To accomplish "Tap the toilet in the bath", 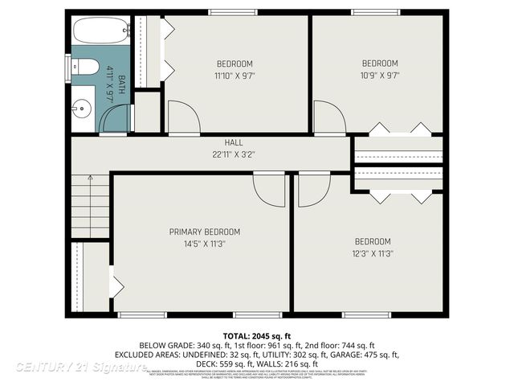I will click(x=85, y=66).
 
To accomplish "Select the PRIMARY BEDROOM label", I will click(x=204, y=232).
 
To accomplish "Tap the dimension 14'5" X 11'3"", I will click(x=204, y=244).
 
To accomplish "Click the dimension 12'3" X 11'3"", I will click(x=373, y=253).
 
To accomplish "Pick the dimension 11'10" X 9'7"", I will click(x=235, y=76).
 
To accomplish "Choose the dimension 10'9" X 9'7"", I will click(x=380, y=76).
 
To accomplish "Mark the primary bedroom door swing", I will click(x=269, y=191).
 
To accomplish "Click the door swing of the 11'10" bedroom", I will click(x=182, y=117).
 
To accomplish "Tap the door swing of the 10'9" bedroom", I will click(x=328, y=117).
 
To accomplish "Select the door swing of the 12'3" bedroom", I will click(x=313, y=191).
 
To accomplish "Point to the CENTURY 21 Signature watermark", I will click(x=80, y=367).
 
